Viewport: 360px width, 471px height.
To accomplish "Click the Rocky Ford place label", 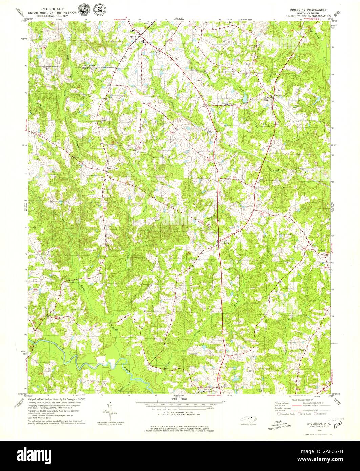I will point(110,168).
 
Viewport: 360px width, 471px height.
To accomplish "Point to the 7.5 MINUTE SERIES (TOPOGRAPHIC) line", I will point(308,16).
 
